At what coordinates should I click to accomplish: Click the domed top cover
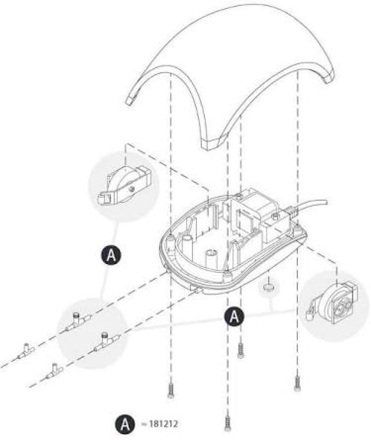(x=230, y=51)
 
